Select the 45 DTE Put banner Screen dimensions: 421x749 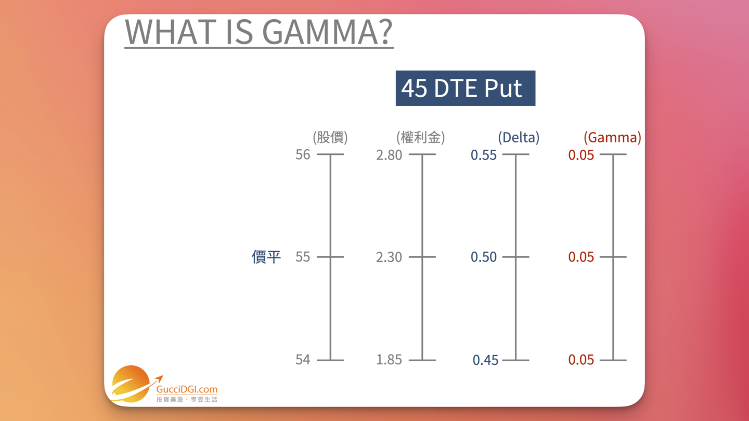[465, 88]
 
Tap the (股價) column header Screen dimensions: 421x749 [330, 138]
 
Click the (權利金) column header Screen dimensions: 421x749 [420, 138]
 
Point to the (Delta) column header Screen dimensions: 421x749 [519, 138]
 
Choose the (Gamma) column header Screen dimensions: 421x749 [612, 138]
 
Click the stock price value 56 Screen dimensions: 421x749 [303, 155]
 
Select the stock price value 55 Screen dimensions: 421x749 [303, 257]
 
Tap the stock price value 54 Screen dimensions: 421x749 [303, 360]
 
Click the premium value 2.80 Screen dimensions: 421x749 [389, 155]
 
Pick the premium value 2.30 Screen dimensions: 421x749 [389, 257]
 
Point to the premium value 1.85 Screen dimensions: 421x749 [389, 360]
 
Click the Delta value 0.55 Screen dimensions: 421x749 [484, 155]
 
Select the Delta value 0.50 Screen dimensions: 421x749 [484, 257]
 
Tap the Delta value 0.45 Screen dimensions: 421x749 [485, 360]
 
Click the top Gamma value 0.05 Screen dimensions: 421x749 [581, 155]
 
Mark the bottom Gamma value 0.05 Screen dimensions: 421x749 [581, 360]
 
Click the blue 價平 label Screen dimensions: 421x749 [266, 257]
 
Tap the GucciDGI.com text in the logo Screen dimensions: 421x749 [187, 389]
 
